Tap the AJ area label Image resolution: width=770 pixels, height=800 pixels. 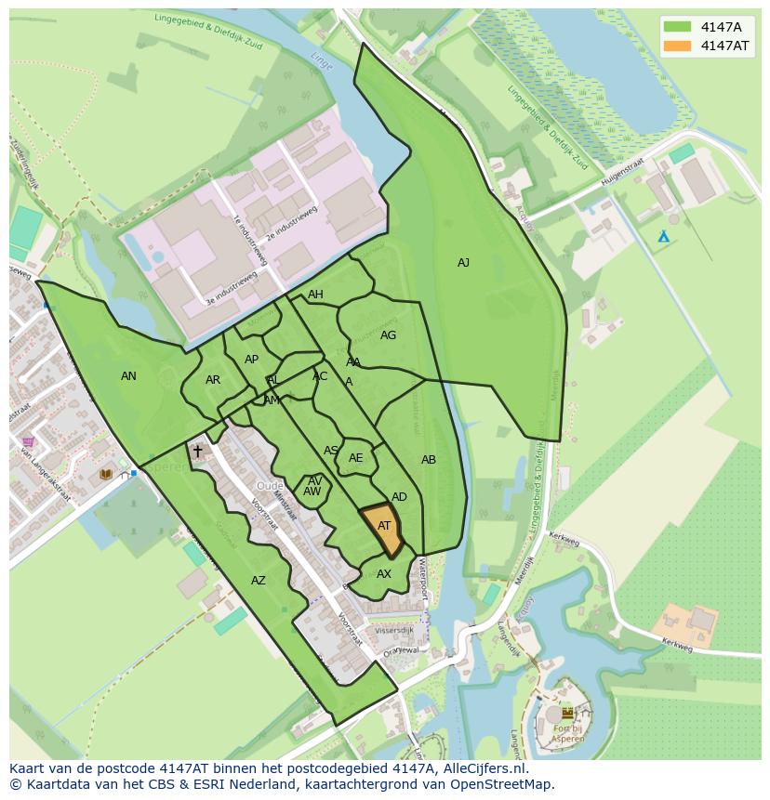pos(463,263)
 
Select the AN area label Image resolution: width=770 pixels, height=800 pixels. pos(128,376)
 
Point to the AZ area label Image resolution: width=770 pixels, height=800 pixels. pos(259,581)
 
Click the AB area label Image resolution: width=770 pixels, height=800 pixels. pos(429,460)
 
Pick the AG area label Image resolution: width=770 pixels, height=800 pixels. pos(388,335)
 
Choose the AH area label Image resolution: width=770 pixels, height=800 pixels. pos(315,295)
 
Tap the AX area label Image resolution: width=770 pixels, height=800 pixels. pos(384,574)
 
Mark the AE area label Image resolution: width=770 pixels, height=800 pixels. pos(356,458)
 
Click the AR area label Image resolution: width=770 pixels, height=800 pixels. pos(213,380)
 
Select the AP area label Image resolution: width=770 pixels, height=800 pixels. pos(251,360)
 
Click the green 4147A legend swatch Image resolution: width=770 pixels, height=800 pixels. pos(677,27)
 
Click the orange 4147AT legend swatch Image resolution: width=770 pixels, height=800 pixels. pos(677,46)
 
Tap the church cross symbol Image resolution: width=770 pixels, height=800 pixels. pos(197,452)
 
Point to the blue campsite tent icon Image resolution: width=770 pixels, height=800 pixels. pos(663,237)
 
